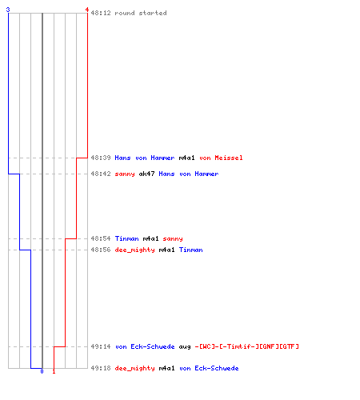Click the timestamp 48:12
(101, 13)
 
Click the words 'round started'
(141, 13)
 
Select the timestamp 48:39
(101, 158)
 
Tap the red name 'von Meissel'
(221, 158)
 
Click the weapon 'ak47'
(146, 174)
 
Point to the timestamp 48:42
(101, 174)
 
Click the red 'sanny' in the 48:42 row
(125, 174)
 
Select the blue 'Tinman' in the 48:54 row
(126, 238)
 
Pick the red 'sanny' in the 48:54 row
(173, 239)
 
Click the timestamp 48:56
(101, 250)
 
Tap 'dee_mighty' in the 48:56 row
(134, 250)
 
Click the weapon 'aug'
(185, 347)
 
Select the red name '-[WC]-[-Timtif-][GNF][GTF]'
(246, 346)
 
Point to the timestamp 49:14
(101, 346)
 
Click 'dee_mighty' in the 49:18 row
(134, 368)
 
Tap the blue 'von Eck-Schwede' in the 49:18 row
(209, 368)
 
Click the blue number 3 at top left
(8, 10)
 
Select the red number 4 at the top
(87, 10)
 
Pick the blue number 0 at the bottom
(42, 371)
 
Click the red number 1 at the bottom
(54, 371)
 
